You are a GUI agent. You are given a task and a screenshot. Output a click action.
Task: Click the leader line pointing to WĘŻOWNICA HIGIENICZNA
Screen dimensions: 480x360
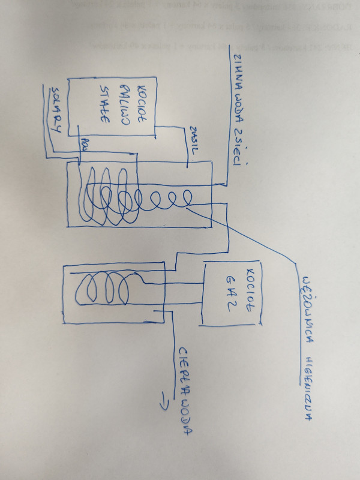252,238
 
